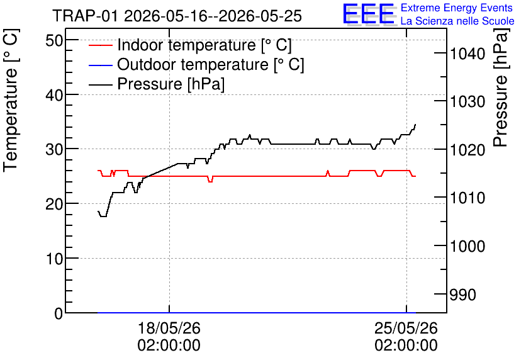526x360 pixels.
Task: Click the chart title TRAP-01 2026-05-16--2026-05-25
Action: point(177,16)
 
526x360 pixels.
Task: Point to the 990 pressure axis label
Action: point(463,295)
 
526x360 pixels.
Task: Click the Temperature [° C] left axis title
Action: point(11,101)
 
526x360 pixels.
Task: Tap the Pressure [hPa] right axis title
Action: point(501,87)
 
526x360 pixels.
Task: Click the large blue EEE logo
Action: point(368,14)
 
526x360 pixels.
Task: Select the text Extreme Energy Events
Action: point(457,8)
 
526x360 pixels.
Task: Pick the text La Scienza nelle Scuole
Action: point(457,21)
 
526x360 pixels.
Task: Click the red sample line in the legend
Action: point(100,45)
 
